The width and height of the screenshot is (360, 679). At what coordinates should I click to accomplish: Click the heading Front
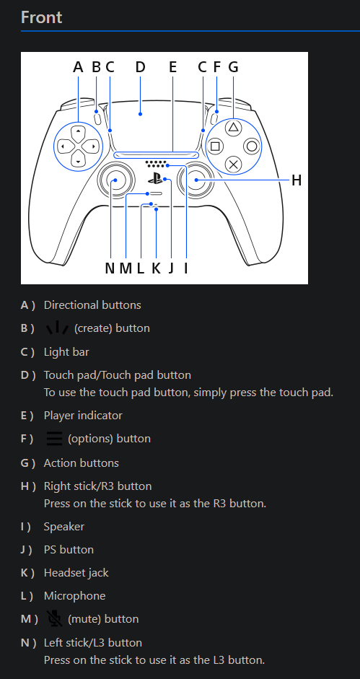click(42, 17)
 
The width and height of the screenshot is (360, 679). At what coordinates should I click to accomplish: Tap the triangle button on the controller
click(233, 127)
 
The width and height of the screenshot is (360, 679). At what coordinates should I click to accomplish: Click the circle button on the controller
click(251, 145)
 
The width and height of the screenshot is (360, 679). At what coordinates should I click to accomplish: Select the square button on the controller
click(215, 145)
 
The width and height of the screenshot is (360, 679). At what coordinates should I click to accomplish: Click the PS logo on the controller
click(155, 179)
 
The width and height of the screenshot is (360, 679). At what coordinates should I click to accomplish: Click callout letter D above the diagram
click(140, 67)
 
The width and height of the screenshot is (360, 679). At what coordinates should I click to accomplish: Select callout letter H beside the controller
click(296, 180)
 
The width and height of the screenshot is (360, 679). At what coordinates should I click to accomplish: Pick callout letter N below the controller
click(110, 268)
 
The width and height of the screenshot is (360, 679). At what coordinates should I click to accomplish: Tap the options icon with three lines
click(54, 439)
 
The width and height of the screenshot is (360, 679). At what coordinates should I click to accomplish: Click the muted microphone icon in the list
click(54, 618)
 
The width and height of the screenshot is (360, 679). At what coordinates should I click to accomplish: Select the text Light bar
click(66, 352)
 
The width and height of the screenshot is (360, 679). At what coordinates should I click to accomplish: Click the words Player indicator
click(83, 416)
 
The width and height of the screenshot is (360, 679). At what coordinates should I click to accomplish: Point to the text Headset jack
click(76, 573)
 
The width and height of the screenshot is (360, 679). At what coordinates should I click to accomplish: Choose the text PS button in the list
click(69, 550)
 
